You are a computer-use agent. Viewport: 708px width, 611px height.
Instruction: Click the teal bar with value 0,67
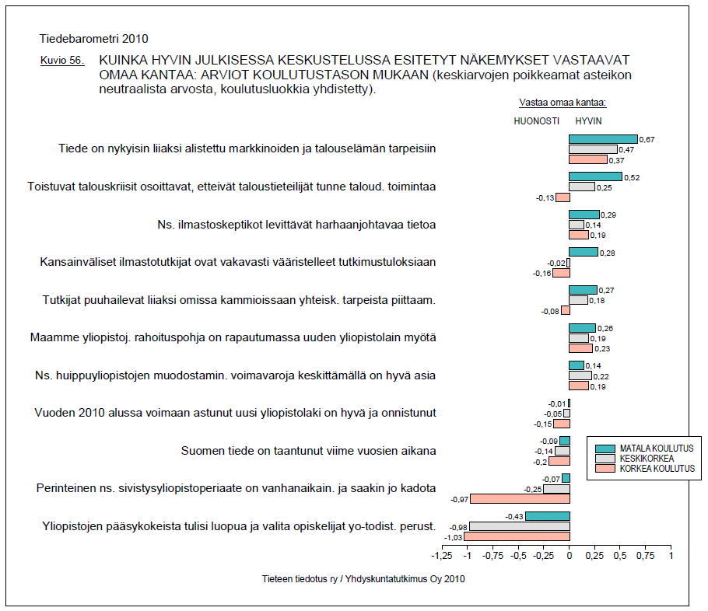point(603,139)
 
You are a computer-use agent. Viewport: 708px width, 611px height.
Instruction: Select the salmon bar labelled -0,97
point(520,499)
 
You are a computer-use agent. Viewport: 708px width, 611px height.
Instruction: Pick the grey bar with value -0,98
point(519,526)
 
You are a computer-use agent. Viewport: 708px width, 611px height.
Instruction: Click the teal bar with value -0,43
point(547,516)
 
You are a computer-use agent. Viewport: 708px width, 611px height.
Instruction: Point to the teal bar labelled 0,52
point(595,176)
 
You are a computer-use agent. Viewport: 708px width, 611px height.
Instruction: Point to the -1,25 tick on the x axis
point(442,557)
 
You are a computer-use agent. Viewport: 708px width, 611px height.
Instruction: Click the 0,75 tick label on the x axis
point(645,557)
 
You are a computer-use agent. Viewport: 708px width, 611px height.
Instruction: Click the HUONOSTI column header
point(537,120)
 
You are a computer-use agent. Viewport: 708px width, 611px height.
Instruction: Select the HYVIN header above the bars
point(588,120)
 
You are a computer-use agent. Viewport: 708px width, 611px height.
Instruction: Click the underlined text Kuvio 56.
point(62,61)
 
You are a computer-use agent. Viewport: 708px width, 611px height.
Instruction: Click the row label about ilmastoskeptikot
point(296,224)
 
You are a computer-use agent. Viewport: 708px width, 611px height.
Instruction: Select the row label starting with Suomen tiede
point(308,451)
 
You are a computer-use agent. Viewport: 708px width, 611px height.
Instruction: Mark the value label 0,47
point(626,149)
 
